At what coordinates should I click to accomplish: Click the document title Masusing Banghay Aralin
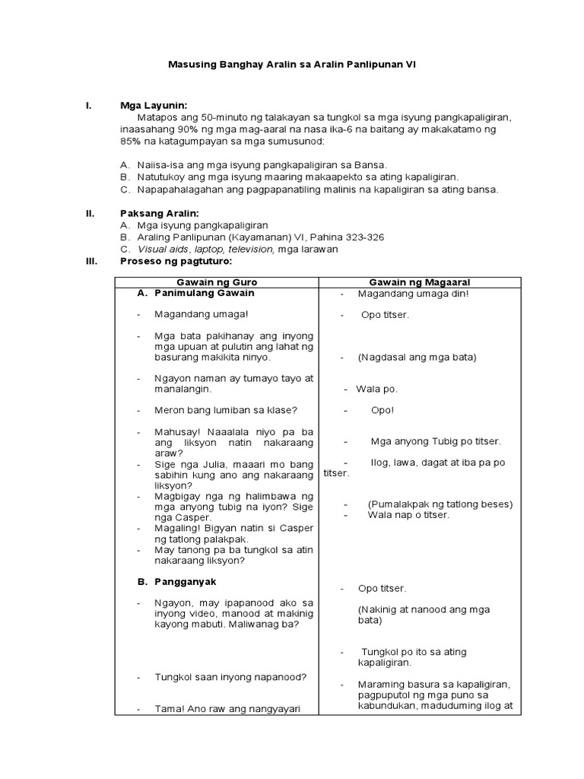(291, 66)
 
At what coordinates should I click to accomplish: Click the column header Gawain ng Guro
(216, 282)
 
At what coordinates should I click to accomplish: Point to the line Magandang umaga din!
(414, 294)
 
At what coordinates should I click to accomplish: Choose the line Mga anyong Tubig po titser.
(436, 440)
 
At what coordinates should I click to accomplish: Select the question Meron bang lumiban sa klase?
(225, 410)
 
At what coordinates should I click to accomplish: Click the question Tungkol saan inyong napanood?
(230, 676)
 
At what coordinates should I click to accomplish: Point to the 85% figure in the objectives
(132, 141)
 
